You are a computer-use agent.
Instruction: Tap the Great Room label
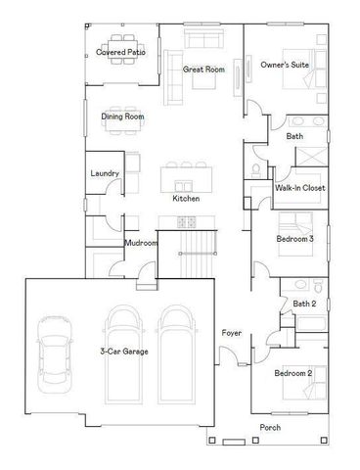pos(202,70)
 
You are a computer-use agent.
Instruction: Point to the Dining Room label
pos(123,117)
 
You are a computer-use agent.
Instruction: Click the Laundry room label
pos(105,173)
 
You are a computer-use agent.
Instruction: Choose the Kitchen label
pos(186,199)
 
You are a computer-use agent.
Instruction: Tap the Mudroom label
pos(141,243)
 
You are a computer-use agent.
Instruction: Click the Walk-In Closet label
pos(299,187)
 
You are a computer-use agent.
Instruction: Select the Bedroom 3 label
pos(293,238)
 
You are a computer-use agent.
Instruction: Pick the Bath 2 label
pos(303,304)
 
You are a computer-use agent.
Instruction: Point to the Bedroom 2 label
pos(292,373)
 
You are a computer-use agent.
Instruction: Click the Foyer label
pos(231,334)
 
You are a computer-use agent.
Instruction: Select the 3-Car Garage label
pos(123,351)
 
